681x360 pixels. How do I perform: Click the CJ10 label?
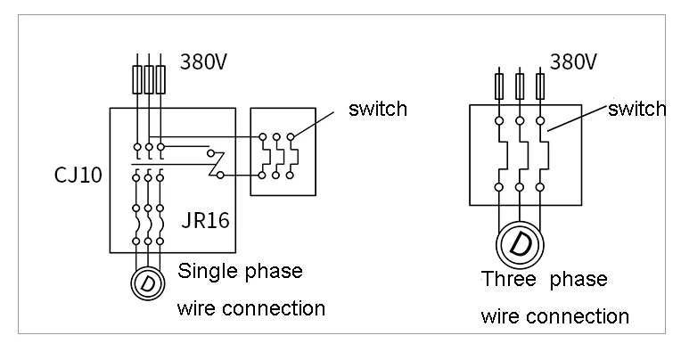coord(78,175)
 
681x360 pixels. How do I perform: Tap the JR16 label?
coord(205,220)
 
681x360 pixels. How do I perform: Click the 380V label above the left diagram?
coord(204,61)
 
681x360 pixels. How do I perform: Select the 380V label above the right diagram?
coord(573,61)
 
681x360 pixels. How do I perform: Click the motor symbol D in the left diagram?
coord(148,283)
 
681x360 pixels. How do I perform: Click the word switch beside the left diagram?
coord(378,109)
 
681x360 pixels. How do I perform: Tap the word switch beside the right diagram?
coord(636,109)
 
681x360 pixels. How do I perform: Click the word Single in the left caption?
coord(207,272)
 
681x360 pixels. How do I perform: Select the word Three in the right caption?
coord(509,279)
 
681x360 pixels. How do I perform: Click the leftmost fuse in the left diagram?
coord(137,79)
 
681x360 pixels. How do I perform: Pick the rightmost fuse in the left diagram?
coord(160,79)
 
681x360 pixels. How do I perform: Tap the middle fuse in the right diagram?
coord(520,86)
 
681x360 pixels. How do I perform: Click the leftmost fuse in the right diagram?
coord(499,86)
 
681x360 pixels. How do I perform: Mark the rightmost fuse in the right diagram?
coord(540,86)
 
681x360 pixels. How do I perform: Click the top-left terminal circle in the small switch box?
coord(262,137)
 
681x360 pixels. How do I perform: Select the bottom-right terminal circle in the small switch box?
coord(290,176)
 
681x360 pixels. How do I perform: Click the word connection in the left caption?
coord(273,308)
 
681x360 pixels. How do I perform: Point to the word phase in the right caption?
coord(578,280)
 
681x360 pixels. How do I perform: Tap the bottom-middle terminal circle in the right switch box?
coord(520,188)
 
